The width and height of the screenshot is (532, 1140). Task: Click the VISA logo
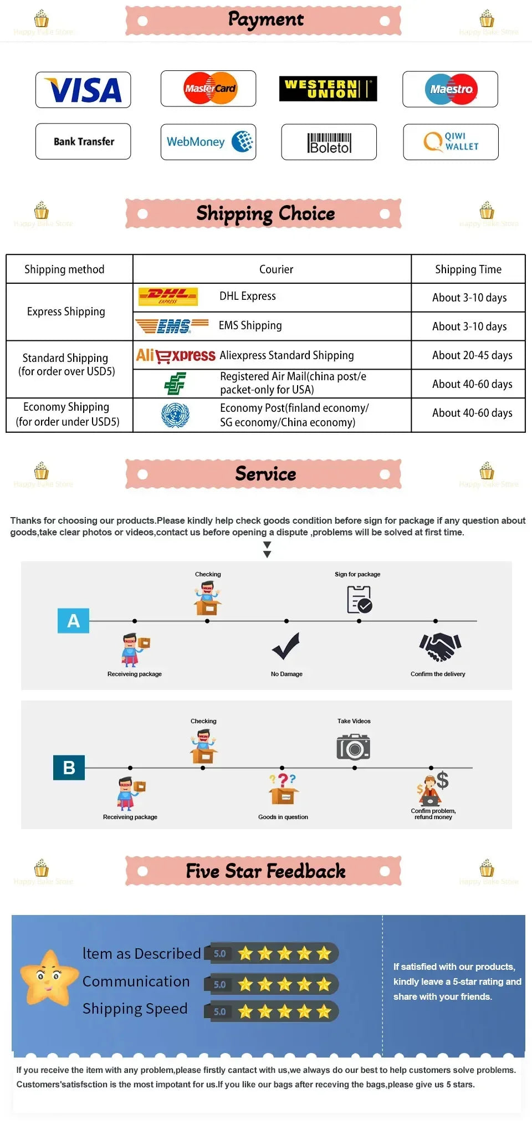[x=83, y=90]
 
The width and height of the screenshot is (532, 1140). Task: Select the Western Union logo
[x=328, y=89]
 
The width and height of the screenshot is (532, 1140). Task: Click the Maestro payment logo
[x=451, y=89]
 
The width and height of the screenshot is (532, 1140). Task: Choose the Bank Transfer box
[x=83, y=141]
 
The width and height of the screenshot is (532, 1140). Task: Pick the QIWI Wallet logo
[x=451, y=142]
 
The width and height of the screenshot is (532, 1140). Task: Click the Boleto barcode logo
[x=329, y=142]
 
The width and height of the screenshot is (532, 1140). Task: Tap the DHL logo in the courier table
[x=167, y=296]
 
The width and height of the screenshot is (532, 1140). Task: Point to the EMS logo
[x=172, y=326]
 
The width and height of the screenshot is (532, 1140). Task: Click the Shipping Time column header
[x=468, y=269]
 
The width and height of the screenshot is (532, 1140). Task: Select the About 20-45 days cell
[x=472, y=355]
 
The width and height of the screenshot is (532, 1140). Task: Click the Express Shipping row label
[x=66, y=311]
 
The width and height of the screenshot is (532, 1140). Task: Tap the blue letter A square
[x=73, y=621]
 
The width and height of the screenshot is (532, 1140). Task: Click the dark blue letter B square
[x=69, y=768]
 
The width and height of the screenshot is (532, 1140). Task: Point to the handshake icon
[x=440, y=647]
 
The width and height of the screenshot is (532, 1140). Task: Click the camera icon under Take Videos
[x=353, y=747]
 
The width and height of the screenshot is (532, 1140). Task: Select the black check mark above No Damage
[x=286, y=646]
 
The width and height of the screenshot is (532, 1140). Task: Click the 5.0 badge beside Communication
[x=219, y=984]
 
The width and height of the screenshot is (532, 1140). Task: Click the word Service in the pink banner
[x=265, y=474]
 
